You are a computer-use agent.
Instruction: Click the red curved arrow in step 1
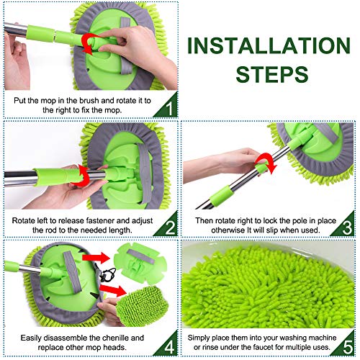click(91, 43)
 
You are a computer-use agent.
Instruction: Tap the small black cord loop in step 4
click(110, 275)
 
